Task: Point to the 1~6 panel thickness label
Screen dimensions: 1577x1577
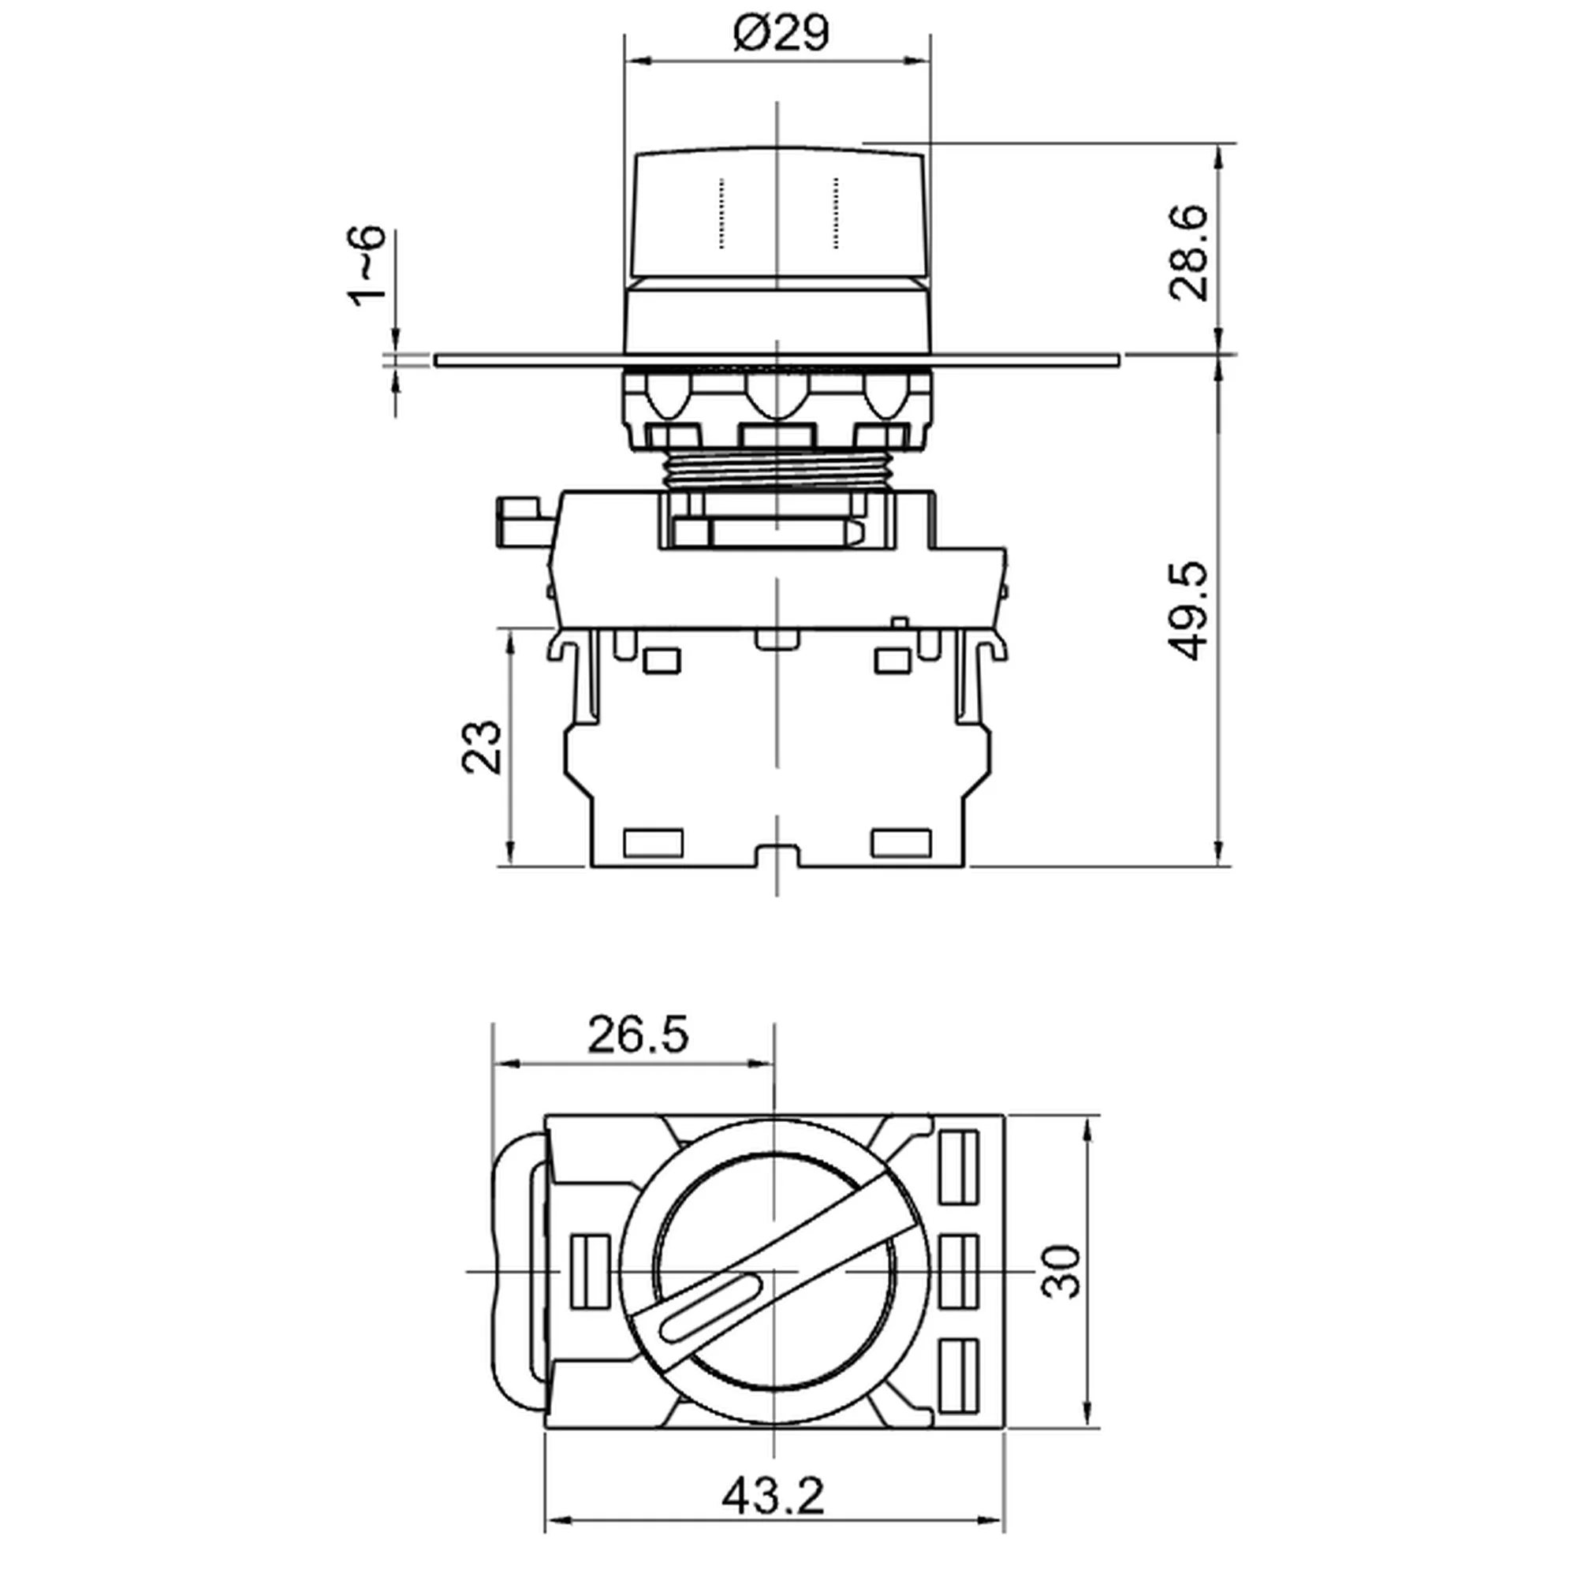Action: pyautogui.click(x=365, y=265)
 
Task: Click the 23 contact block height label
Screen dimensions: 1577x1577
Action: pyautogui.click(x=481, y=746)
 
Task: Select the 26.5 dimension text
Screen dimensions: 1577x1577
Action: pyautogui.click(x=637, y=1035)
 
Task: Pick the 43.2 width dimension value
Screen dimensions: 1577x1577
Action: pyautogui.click(x=773, y=1495)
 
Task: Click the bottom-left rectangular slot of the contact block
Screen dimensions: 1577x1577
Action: pyautogui.click(x=652, y=842)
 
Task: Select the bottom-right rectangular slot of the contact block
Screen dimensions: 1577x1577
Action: pyautogui.click(x=900, y=842)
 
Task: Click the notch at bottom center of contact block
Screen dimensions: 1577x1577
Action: pyautogui.click(x=776, y=856)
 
